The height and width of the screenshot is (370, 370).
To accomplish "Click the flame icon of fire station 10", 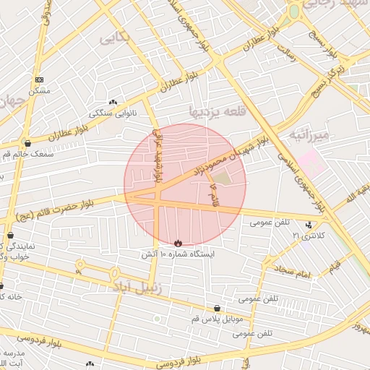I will point(178,243).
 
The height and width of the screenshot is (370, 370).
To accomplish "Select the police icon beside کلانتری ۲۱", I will point(310,225).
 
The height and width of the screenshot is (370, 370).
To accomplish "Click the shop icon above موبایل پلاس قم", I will point(218,308).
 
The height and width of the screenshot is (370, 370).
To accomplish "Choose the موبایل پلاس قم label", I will point(218,319).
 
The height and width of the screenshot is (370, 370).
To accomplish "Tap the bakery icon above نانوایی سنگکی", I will point(112,103).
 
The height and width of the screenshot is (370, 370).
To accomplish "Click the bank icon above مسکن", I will point(39,79).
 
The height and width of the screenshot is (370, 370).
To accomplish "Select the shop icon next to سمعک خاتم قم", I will point(27,144).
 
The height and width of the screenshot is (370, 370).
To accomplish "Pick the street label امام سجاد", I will point(291,272).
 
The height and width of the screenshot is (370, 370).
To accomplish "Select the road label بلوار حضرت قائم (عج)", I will point(58,210).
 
